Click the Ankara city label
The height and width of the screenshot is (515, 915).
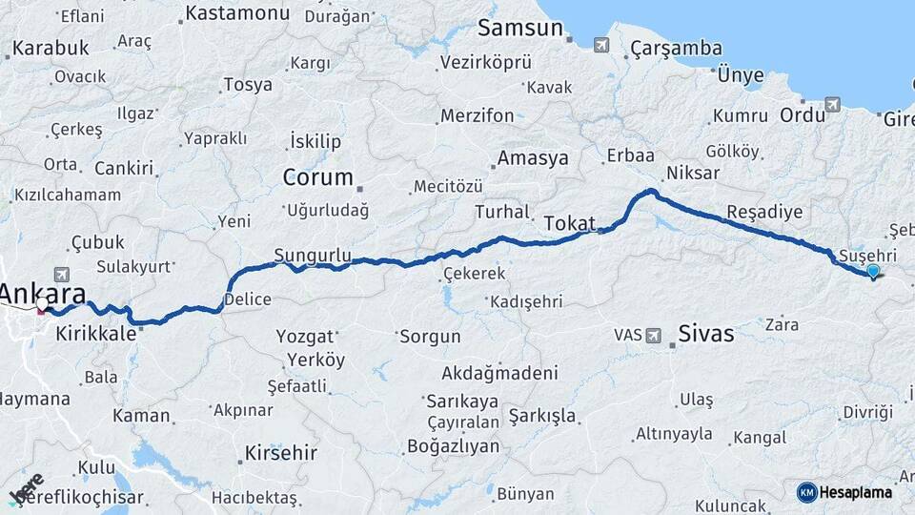pyautogui.click(x=43, y=293)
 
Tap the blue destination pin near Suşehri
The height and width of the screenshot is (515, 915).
pyautogui.click(x=873, y=272)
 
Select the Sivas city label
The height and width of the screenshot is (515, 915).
pyautogui.click(x=706, y=334)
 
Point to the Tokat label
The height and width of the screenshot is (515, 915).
pyautogui.click(x=569, y=223)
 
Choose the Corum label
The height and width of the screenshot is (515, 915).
pyautogui.click(x=317, y=177)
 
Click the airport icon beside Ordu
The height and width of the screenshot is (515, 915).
pyautogui.click(x=834, y=104)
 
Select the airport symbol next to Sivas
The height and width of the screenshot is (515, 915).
pyautogui.click(x=654, y=335)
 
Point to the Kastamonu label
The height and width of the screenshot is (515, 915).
pyautogui.click(x=237, y=13)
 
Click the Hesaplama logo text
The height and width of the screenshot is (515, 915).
pyautogui.click(x=855, y=492)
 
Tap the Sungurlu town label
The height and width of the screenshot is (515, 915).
pyautogui.click(x=313, y=255)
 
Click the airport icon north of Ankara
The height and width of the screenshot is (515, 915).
pyautogui.click(x=62, y=273)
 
